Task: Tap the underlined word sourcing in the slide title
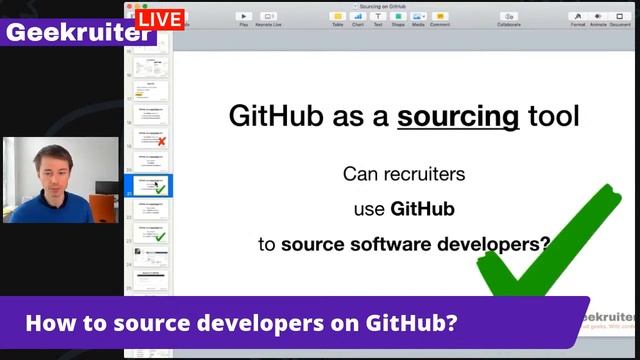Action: tap(458, 116)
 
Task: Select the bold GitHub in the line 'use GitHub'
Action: tap(423, 209)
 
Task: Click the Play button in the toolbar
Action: tap(243, 18)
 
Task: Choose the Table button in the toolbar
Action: tap(338, 18)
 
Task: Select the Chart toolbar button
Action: tap(358, 18)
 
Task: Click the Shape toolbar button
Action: tap(398, 18)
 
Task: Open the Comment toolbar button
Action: tap(440, 18)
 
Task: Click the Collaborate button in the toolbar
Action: tap(509, 18)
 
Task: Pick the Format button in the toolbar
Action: tap(578, 18)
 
